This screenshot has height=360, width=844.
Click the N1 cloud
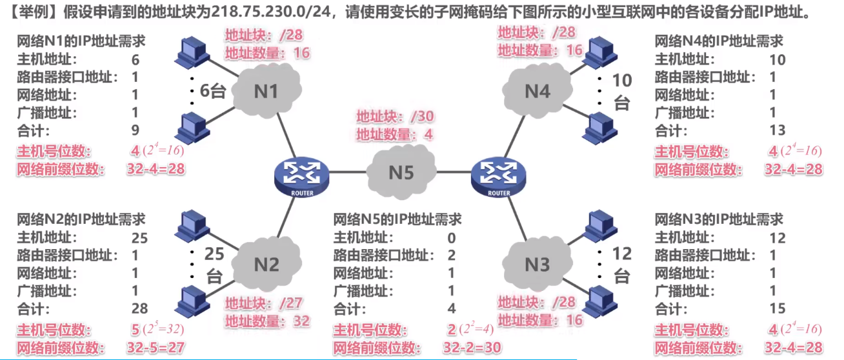[266, 91]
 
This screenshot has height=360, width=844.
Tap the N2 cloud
[266, 265]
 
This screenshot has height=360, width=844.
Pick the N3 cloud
[537, 265]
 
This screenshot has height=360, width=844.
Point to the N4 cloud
[537, 91]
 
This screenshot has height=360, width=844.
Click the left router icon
[301, 175]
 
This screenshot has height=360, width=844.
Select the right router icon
[499, 175]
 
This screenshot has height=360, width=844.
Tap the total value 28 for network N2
[139, 307]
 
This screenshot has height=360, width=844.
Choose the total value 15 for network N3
[778, 307]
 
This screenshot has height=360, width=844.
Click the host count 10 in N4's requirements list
[778, 60]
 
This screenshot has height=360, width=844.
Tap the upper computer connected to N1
[192, 49]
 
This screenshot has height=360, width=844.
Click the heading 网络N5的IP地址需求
[397, 220]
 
